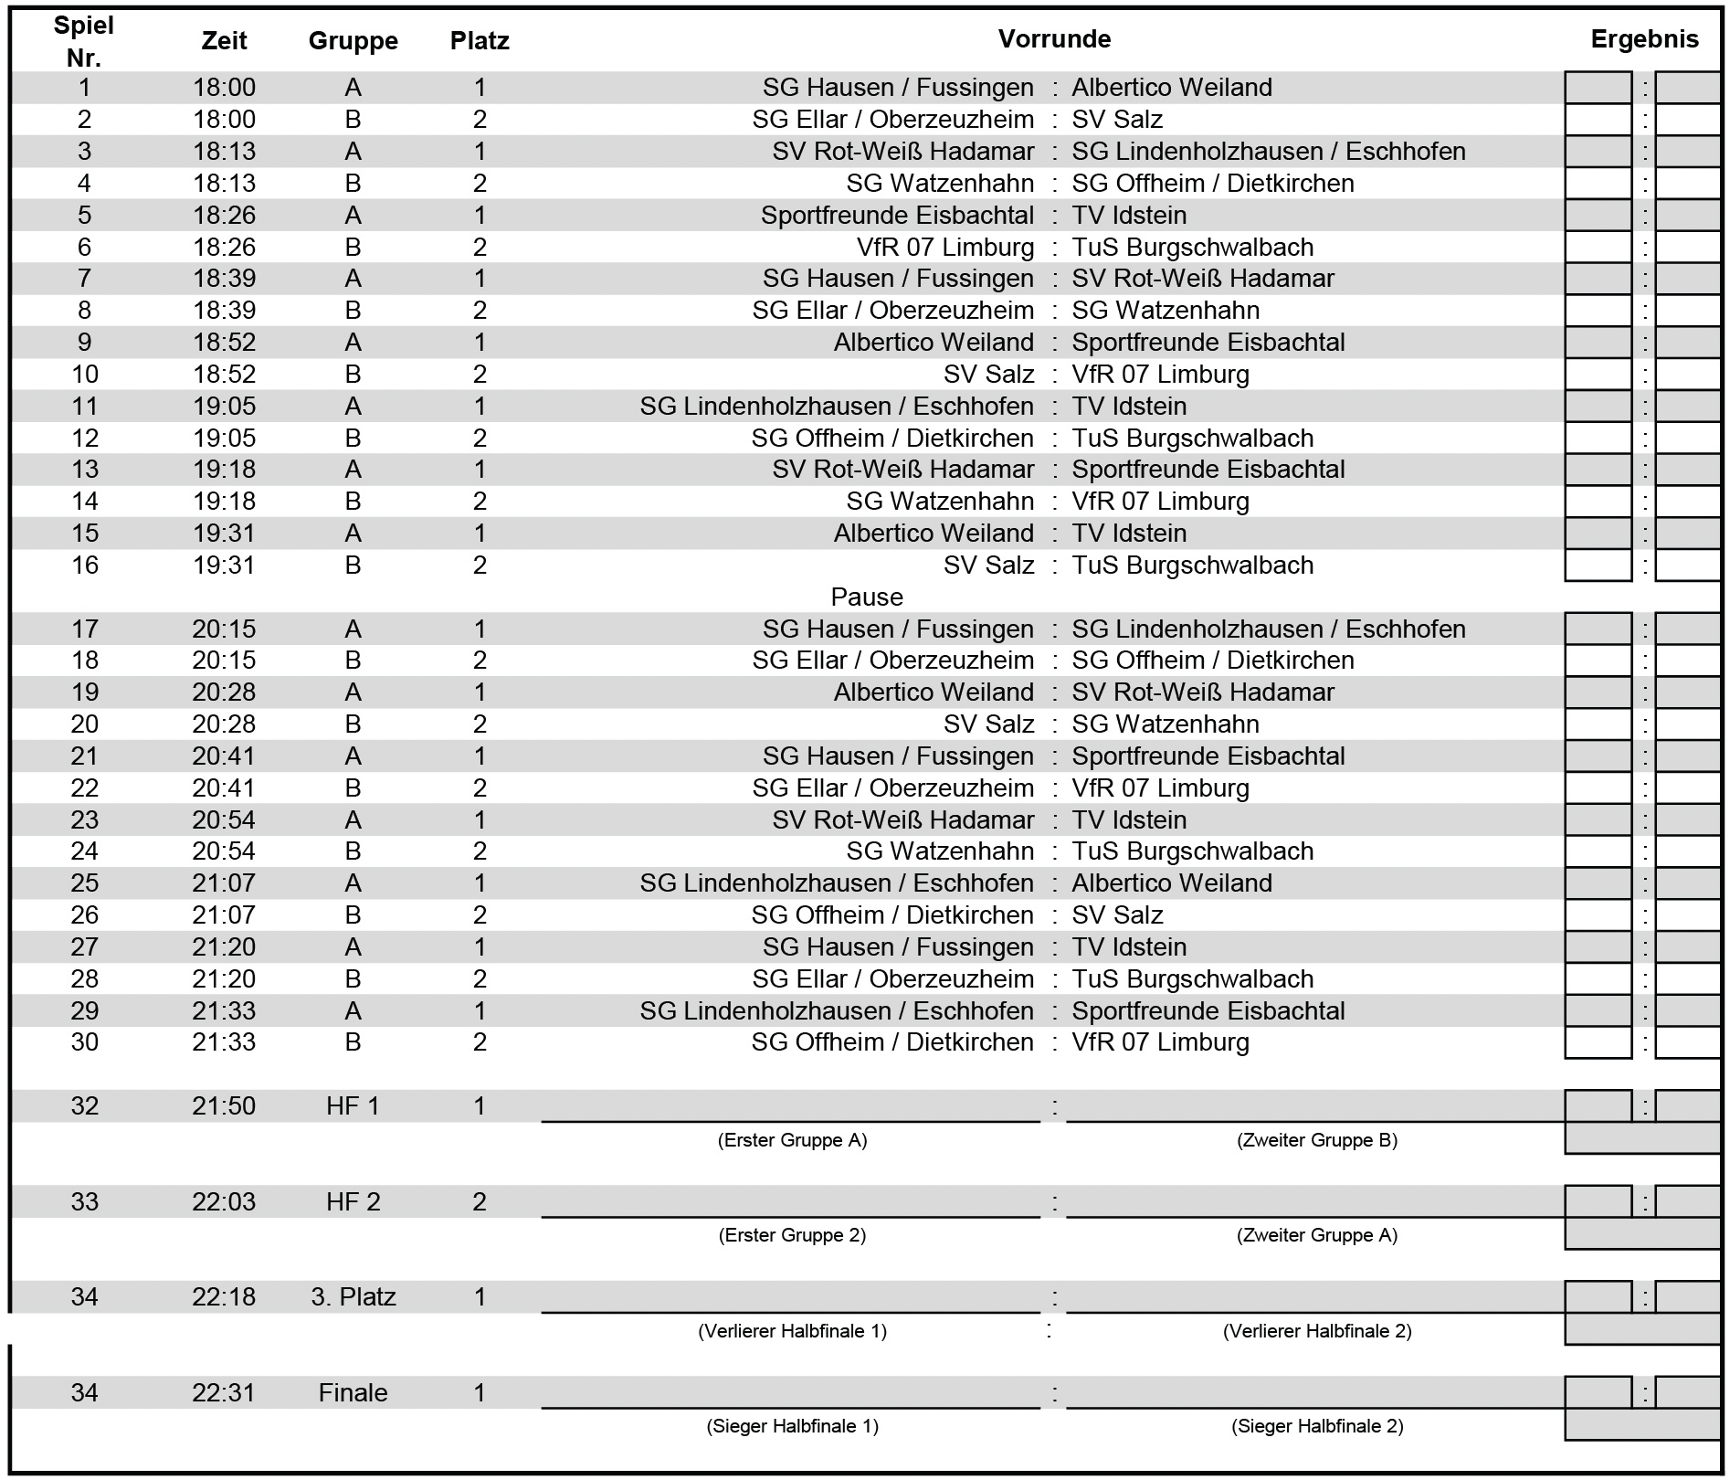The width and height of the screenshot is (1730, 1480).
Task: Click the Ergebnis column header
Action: point(1644,39)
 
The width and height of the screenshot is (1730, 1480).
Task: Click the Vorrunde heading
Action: point(1054,39)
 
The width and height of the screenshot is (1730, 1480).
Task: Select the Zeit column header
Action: point(224,41)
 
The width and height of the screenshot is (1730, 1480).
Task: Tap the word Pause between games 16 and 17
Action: point(866,597)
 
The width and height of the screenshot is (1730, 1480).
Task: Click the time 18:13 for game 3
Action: point(224,152)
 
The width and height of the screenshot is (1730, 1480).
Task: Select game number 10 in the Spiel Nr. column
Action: point(84,375)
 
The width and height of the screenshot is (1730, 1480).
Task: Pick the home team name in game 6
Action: point(944,248)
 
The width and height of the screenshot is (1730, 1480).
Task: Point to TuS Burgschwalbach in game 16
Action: point(1192,566)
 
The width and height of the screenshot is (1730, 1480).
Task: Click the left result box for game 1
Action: point(1598,88)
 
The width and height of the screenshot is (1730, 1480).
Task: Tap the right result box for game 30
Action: point(1687,1042)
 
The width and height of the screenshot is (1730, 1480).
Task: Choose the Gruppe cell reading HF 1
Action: point(353,1106)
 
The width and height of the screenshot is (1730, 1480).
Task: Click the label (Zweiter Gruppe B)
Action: point(1316,1140)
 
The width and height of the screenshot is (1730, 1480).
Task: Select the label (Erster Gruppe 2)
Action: point(792,1235)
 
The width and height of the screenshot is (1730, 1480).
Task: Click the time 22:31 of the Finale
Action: point(224,1393)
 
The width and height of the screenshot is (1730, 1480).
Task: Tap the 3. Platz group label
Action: point(353,1297)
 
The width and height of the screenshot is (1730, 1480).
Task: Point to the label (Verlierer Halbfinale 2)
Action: point(1316,1331)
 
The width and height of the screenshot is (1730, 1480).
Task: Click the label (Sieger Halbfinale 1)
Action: point(792,1426)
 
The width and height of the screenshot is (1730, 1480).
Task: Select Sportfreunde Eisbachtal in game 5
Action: point(897,216)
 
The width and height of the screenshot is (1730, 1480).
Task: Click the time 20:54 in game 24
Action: point(224,851)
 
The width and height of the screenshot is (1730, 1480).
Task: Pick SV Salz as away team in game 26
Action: point(1117,915)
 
